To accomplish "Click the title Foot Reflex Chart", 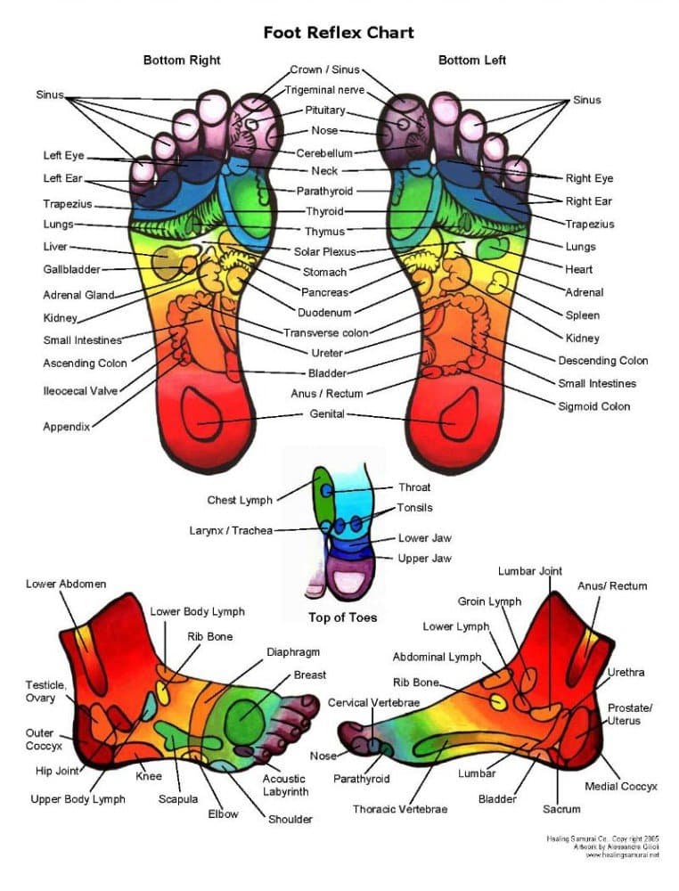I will click(339, 33).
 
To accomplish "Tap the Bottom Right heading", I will click(182, 61).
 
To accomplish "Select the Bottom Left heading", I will click(472, 61).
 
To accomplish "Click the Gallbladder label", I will click(71, 269).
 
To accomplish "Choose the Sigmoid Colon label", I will click(593, 406).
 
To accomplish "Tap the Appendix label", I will click(66, 427).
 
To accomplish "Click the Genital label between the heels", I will click(327, 414).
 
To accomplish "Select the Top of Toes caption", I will click(342, 617).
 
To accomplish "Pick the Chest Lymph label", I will click(240, 501).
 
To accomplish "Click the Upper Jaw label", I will click(424, 559).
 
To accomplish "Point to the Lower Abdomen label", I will click(66, 584).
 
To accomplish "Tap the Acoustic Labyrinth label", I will click(285, 785).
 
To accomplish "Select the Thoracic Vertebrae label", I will click(400, 809).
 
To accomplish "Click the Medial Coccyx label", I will click(621, 786).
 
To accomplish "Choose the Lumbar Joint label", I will click(530, 571).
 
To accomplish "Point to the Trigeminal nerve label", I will click(324, 90).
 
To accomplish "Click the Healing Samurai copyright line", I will click(603, 839).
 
